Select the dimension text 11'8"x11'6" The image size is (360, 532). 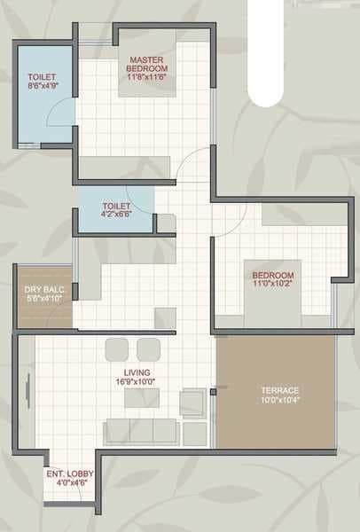pyautogui.click(x=146, y=78)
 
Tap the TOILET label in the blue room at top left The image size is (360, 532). pyautogui.click(x=42, y=77)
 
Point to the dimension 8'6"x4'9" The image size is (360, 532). pyautogui.click(x=42, y=87)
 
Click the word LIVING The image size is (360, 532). pyautogui.click(x=137, y=372)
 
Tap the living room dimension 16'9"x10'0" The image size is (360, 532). pyautogui.click(x=137, y=382)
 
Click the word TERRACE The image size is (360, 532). pyautogui.click(x=279, y=390)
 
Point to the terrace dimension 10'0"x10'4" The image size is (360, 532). pyautogui.click(x=279, y=401)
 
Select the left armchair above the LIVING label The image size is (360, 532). pyautogui.click(x=118, y=348)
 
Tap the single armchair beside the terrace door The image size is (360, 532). pyautogui.click(x=192, y=403)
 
